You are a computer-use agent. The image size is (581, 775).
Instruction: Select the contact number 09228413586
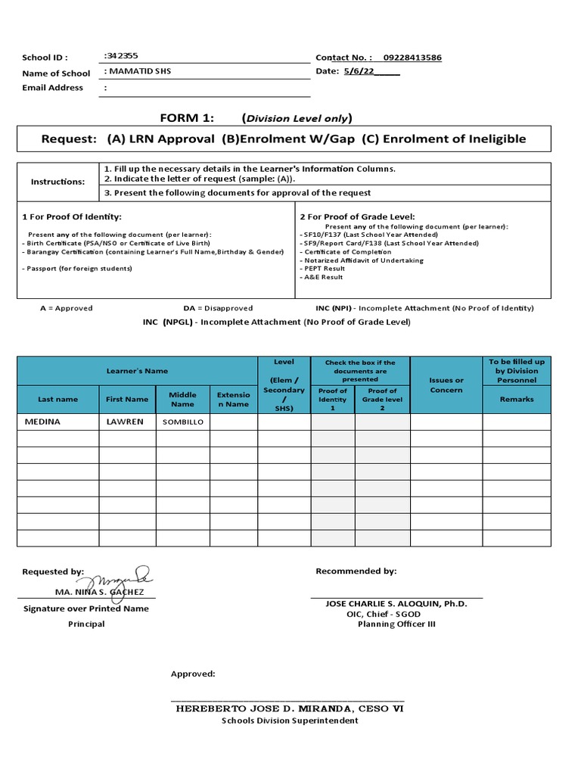pyautogui.click(x=412, y=58)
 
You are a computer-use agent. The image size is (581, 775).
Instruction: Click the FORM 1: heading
pyautogui.click(x=187, y=117)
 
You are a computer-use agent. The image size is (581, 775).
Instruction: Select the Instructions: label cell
pyautogui.click(x=57, y=182)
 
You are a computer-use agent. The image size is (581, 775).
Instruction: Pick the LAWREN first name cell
pyautogui.click(x=125, y=422)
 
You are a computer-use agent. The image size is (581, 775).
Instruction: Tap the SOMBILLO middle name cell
pyautogui.click(x=182, y=422)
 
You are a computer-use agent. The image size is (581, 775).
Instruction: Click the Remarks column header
pyautogui.click(x=516, y=399)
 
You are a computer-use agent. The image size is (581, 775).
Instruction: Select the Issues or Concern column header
pyautogui.click(x=446, y=385)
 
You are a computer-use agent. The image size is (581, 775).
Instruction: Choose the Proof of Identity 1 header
pyautogui.click(x=333, y=399)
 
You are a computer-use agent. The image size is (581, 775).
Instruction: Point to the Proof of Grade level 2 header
pyautogui.click(x=382, y=399)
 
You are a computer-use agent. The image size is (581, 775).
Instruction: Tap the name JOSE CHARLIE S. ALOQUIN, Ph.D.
pyautogui.click(x=396, y=603)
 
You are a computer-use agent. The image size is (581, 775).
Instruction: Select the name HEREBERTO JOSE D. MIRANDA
pyautogui.click(x=290, y=709)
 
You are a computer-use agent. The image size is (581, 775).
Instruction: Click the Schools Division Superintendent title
pyautogui.click(x=290, y=721)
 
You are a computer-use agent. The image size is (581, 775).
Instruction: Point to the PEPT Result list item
pyautogui.click(x=324, y=269)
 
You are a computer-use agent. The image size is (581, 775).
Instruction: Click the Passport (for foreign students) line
pyautogui.click(x=77, y=269)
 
